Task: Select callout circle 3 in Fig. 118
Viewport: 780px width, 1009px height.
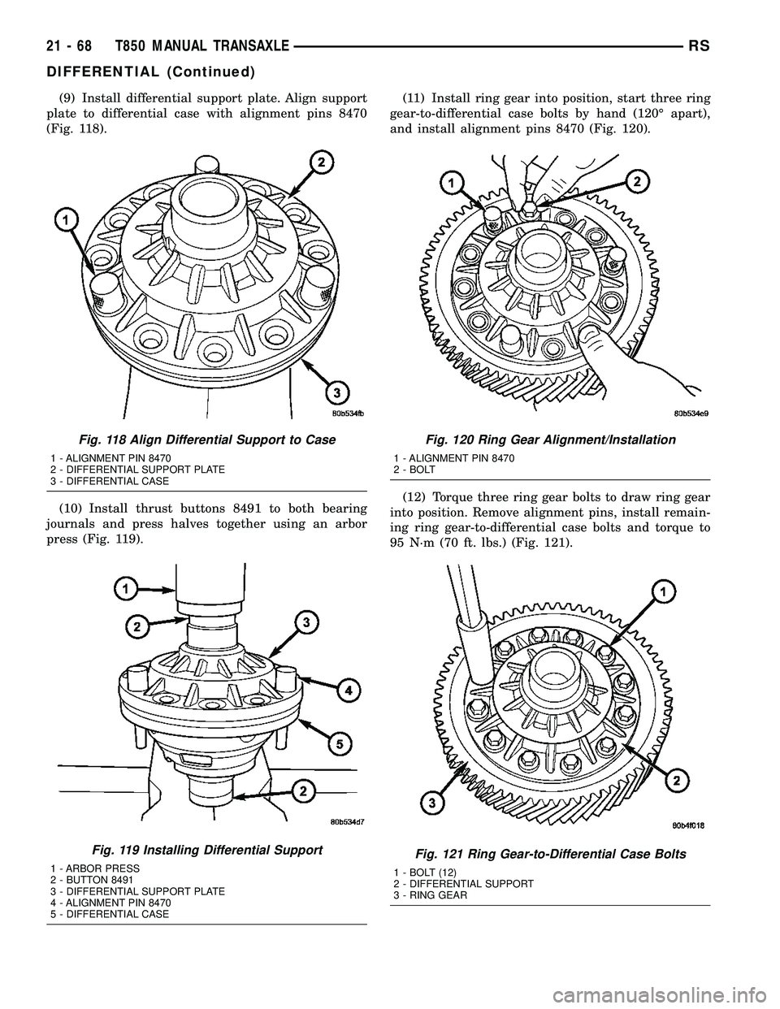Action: pos(331,393)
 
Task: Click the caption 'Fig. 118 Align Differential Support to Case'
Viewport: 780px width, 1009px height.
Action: pos(192,440)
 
